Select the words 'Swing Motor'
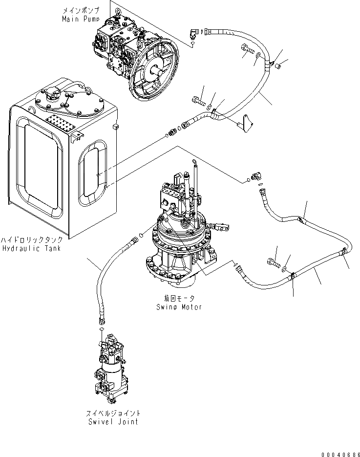(x=179, y=307)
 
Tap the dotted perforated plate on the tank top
(x=61, y=123)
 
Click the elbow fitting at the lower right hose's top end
(x=255, y=176)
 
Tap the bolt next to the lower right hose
(x=272, y=263)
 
